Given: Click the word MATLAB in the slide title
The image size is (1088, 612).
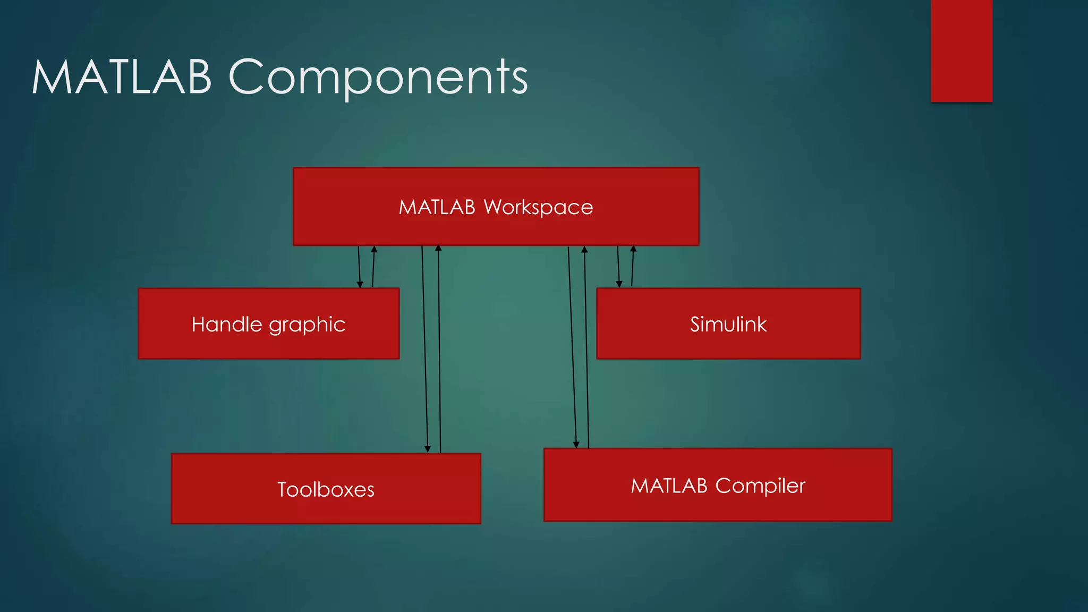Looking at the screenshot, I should click(x=122, y=77).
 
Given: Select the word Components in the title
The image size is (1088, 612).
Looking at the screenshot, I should click(x=378, y=78).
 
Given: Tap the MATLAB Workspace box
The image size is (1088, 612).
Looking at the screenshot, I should click(x=496, y=207).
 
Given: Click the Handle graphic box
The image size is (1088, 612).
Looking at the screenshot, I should click(x=268, y=324).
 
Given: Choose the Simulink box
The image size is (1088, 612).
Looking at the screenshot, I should click(x=728, y=324).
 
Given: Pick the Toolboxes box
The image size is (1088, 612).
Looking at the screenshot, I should click(x=326, y=489).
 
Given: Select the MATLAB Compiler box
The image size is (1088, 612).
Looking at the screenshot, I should click(x=718, y=485).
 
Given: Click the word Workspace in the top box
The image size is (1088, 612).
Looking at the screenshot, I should click(x=538, y=207).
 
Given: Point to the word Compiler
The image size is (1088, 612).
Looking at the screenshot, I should click(x=760, y=486).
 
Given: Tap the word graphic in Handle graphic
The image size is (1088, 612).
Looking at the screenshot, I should click(x=307, y=325).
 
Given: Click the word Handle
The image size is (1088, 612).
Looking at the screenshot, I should click(x=227, y=324).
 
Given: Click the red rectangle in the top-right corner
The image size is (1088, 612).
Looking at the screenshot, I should click(x=962, y=50).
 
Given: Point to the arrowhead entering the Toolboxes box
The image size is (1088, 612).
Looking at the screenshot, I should click(x=428, y=449).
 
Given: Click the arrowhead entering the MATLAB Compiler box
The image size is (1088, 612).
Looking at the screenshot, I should click(x=576, y=445).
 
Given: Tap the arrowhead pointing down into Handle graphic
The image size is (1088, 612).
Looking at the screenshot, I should click(x=360, y=285).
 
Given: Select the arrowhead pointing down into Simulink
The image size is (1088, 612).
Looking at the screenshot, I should click(x=619, y=284).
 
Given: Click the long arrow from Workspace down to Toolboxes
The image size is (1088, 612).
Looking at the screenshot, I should click(x=424, y=345).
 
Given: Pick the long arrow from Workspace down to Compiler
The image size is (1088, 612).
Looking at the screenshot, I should click(x=572, y=345).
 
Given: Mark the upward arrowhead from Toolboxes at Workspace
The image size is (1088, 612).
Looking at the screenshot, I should click(x=438, y=248).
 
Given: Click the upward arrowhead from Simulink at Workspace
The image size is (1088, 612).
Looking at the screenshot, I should click(x=633, y=248).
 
